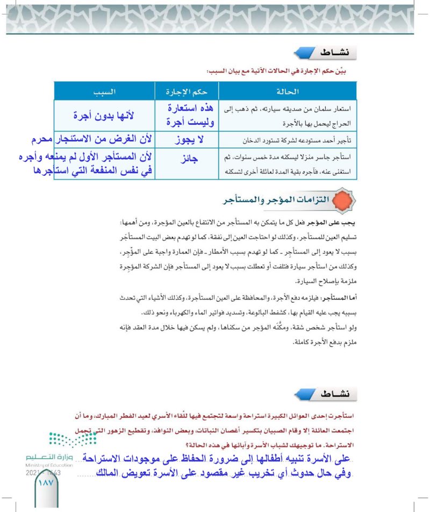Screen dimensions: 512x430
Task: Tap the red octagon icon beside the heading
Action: click(x=344, y=201)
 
